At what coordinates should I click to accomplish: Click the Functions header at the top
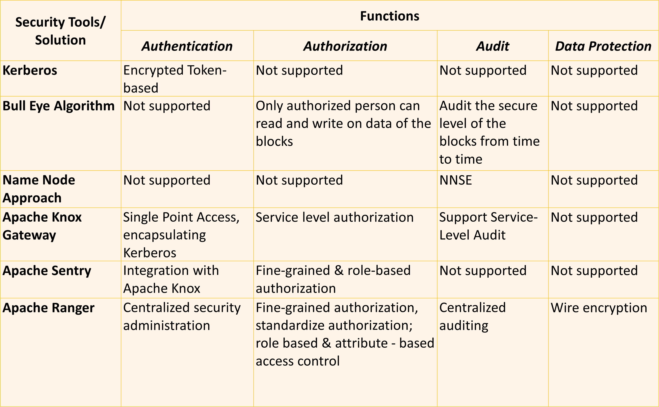pyautogui.click(x=390, y=16)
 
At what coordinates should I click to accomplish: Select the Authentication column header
pyautogui.click(x=187, y=46)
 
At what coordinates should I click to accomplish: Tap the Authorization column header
pyautogui.click(x=345, y=46)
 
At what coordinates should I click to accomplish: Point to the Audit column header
pyautogui.click(x=493, y=46)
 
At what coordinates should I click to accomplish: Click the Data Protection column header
pyautogui.click(x=603, y=46)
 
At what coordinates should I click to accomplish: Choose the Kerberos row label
pyautogui.click(x=30, y=71)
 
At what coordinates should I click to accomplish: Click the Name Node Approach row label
pyautogui.click(x=39, y=189)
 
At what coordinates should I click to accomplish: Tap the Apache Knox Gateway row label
pyautogui.click(x=42, y=226)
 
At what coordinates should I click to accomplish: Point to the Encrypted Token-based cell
pyautogui.click(x=175, y=79)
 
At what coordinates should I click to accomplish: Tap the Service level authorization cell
pyautogui.click(x=334, y=217)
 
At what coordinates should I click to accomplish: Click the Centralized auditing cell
pyautogui.click(x=473, y=317)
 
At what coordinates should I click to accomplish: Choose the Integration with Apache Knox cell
pyautogui.click(x=171, y=279)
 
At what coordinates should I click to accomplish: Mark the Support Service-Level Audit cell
pyautogui.click(x=488, y=226)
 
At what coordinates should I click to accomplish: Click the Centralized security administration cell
pyautogui.click(x=182, y=317)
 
